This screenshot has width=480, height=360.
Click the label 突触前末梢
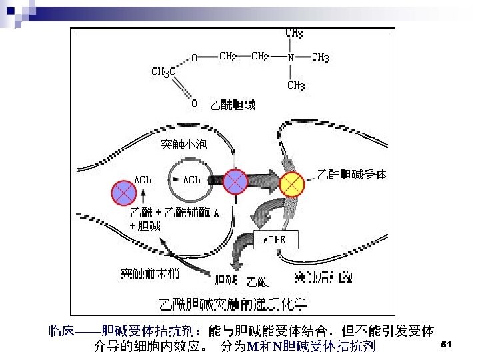(x=149, y=273)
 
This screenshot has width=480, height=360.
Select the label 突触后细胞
(x=323, y=277)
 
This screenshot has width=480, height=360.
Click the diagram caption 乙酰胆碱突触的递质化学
(x=233, y=304)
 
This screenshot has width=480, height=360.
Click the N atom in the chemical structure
(x=291, y=58)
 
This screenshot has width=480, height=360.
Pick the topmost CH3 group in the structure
(x=295, y=33)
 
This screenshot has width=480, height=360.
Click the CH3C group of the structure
(x=163, y=71)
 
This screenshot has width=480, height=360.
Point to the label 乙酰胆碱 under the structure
(x=233, y=105)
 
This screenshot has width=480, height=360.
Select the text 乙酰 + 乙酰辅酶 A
(x=175, y=213)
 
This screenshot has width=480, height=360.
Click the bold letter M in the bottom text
(x=251, y=347)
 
